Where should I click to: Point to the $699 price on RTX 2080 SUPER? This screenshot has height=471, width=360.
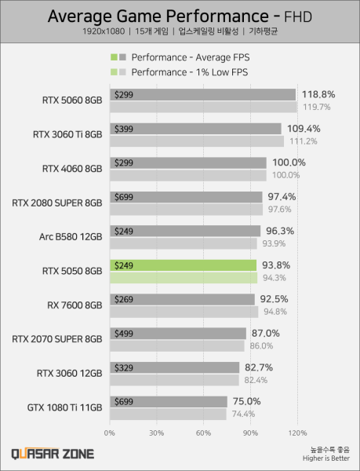pyautogui.click(x=124, y=197)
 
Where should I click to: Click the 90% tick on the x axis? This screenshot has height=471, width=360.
pyautogui.click(x=251, y=433)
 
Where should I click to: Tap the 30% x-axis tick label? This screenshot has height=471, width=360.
pyautogui.click(x=156, y=433)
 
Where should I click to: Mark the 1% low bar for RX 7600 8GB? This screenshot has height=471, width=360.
pyautogui.click(x=183, y=312)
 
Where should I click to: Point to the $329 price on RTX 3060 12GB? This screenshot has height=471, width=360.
pyautogui.click(x=124, y=367)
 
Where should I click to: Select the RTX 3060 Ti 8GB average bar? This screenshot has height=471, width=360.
pyautogui.click(x=195, y=129)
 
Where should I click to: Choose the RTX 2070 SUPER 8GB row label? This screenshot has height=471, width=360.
pyautogui.click(x=57, y=339)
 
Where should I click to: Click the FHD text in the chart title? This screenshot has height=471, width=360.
pyautogui.click(x=298, y=16)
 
